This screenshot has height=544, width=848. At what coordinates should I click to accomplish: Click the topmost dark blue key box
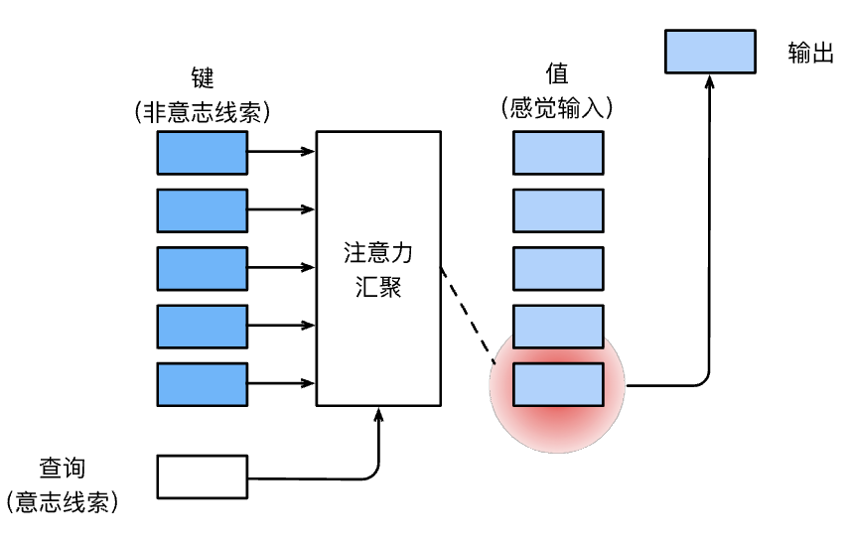203,153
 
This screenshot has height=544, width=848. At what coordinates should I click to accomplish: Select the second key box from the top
203,210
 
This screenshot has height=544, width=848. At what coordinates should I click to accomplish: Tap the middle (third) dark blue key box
203,269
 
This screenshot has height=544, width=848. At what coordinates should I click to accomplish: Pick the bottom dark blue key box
203,384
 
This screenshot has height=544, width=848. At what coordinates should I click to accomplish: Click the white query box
203,476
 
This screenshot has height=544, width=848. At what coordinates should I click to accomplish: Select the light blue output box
710,52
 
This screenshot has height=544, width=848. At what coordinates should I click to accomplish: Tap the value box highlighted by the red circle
558,384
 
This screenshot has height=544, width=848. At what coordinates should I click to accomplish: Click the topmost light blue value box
558,153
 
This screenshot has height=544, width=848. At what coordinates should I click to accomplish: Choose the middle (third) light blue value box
558,269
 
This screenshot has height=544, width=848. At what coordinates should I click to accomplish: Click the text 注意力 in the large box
378,253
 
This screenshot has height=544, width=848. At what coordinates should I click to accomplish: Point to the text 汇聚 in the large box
378,287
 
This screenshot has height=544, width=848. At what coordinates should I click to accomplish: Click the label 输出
810,53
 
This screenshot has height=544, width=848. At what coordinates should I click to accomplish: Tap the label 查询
63,468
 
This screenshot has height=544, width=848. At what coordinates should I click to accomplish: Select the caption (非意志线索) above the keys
203,112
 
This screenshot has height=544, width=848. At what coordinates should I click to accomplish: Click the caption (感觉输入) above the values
557,107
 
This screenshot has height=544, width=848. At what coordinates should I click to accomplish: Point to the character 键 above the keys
203,77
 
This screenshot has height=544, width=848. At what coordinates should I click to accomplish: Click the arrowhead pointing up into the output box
710,82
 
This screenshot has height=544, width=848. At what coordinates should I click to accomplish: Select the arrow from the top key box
281,152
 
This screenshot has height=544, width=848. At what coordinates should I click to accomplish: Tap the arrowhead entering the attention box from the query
378,415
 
